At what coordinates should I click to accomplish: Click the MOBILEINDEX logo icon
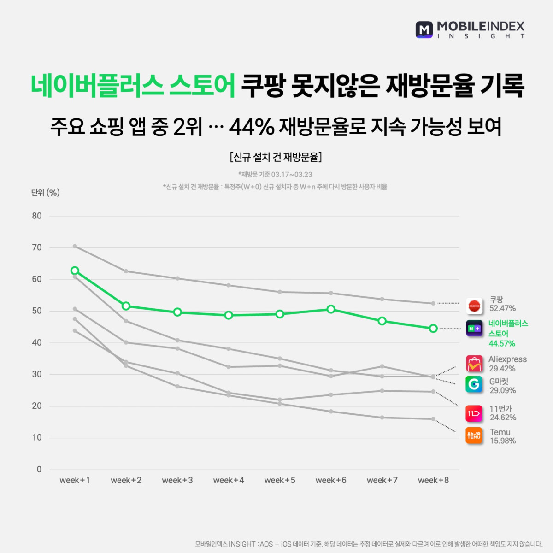(x=424, y=29)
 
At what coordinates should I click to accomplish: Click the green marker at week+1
(x=75, y=271)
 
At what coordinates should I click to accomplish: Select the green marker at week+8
(x=433, y=329)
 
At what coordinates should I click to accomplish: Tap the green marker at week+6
(x=331, y=309)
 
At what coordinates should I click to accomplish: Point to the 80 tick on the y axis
(x=37, y=216)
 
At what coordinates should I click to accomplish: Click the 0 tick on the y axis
(x=39, y=469)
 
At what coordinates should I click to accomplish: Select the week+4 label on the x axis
(x=229, y=480)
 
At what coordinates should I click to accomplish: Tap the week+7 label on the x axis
(x=382, y=480)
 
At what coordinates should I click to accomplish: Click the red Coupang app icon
(x=474, y=305)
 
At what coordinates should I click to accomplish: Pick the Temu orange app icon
(x=474, y=435)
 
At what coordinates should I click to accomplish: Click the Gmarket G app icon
(x=474, y=384)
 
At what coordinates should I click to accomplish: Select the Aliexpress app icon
(x=474, y=364)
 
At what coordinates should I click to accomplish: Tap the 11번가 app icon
(x=474, y=413)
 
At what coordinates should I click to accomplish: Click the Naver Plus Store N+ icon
(x=474, y=328)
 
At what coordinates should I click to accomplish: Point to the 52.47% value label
(x=502, y=308)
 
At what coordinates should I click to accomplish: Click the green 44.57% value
(x=502, y=343)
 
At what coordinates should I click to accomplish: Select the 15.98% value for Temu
(x=503, y=441)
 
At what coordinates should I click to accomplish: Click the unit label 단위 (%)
(x=45, y=193)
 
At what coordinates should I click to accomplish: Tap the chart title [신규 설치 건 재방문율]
(x=276, y=157)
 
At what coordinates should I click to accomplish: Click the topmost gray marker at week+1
(x=75, y=246)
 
